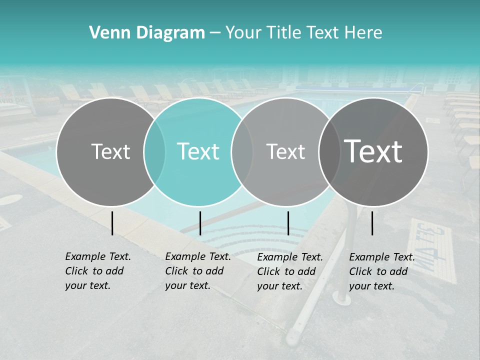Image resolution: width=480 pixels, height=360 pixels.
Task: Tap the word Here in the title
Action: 363,33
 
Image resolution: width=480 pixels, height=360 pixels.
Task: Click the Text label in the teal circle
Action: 198,151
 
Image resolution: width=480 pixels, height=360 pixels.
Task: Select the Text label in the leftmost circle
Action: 110,151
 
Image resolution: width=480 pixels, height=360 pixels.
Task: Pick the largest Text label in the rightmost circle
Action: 373,151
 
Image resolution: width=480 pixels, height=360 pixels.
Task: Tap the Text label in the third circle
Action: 285,151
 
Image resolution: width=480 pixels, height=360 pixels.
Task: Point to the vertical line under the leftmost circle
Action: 112,223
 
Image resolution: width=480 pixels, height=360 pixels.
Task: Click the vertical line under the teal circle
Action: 200,223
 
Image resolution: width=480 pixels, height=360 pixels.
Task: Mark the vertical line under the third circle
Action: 288,223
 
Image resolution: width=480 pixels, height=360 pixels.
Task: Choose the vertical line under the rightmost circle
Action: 372,223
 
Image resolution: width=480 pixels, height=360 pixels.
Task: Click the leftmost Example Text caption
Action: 97,271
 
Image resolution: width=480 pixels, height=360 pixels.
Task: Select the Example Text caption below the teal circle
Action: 197,271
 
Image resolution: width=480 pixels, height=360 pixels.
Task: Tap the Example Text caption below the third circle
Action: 289,271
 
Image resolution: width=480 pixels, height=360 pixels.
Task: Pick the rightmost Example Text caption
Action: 381,271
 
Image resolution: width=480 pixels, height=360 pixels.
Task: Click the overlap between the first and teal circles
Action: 154,152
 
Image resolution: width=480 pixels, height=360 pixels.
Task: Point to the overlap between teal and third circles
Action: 242,152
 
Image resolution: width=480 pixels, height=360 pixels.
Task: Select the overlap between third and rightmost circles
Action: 329,152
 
